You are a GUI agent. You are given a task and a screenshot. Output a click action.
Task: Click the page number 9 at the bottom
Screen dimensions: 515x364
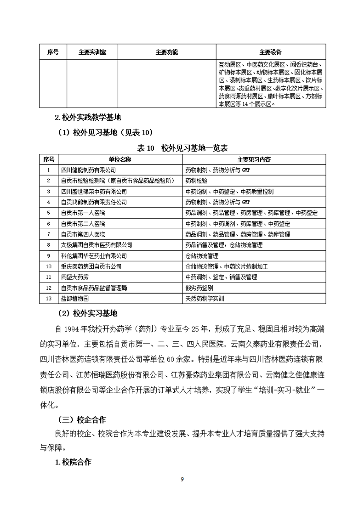(182, 480)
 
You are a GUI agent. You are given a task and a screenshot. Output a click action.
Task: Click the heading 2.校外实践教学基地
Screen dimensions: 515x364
(88, 117)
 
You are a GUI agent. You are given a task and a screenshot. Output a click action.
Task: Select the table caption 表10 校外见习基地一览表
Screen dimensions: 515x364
(182, 148)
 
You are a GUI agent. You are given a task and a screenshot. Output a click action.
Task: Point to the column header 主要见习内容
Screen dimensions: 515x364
(254, 159)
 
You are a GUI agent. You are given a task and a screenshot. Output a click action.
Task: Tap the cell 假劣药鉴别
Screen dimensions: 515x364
(199, 288)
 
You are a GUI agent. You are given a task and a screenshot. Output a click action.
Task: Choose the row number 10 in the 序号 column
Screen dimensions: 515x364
(49, 266)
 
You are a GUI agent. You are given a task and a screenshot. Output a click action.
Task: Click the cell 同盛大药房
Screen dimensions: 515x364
(76, 277)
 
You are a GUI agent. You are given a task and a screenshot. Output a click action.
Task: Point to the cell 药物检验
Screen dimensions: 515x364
(196, 181)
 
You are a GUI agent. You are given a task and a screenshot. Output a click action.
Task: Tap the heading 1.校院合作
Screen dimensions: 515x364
(73, 462)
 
